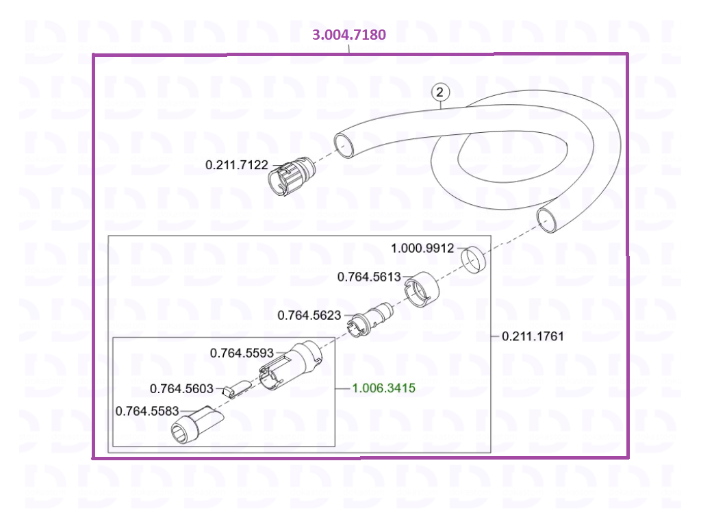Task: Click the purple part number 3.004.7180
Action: (348, 34)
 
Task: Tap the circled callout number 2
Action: (440, 92)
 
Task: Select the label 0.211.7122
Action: (236, 165)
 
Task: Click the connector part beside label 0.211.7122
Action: (291, 176)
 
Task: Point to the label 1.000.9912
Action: (422, 248)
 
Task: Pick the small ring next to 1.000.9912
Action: (474, 259)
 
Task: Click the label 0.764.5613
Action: (369, 277)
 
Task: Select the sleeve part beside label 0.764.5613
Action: (421, 290)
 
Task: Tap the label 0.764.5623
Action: (309, 315)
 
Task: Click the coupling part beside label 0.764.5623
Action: (370, 319)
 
